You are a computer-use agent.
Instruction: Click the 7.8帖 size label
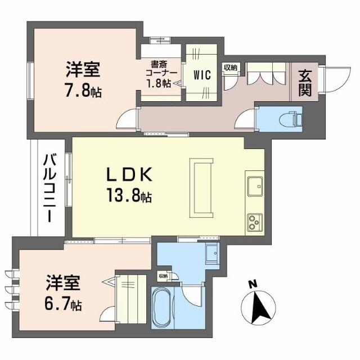[x=83, y=91]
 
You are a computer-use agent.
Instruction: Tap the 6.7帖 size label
[x=63, y=304]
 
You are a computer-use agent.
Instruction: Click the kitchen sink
[x=254, y=185]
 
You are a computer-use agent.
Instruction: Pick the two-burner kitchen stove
[x=253, y=221]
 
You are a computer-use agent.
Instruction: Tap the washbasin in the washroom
[x=213, y=255]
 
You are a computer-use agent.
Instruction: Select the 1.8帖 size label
[x=159, y=84]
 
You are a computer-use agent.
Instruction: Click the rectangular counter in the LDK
[x=201, y=187]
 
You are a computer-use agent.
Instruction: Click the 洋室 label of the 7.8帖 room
[x=83, y=71]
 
